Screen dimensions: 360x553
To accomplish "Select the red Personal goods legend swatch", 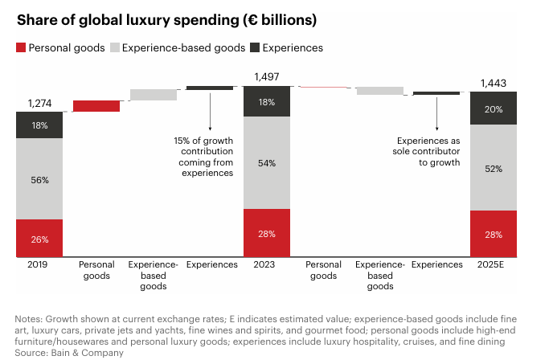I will coord(20,48).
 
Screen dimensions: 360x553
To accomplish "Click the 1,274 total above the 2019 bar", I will coord(39,103).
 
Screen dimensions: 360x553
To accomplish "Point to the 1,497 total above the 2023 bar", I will coord(267,76).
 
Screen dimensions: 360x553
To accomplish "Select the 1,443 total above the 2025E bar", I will coord(494,83).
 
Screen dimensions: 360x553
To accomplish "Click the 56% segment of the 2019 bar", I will coord(39,181).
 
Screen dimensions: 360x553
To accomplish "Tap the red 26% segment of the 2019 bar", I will coord(39,239).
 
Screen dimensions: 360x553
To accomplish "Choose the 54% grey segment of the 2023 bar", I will coord(267,163).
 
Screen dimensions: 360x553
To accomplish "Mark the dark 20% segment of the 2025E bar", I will coord(494,108).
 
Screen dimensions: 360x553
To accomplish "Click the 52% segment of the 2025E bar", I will coord(494,169).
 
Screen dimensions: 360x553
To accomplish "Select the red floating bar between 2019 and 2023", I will coord(96,106).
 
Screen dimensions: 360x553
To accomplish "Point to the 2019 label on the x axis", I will coord(39,264).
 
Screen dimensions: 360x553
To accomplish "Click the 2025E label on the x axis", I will coord(494,264).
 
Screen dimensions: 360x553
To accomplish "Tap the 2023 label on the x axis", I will coord(267,264).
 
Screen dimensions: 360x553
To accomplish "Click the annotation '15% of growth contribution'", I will coord(203,157).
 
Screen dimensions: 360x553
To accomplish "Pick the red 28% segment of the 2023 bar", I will coord(267,234).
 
